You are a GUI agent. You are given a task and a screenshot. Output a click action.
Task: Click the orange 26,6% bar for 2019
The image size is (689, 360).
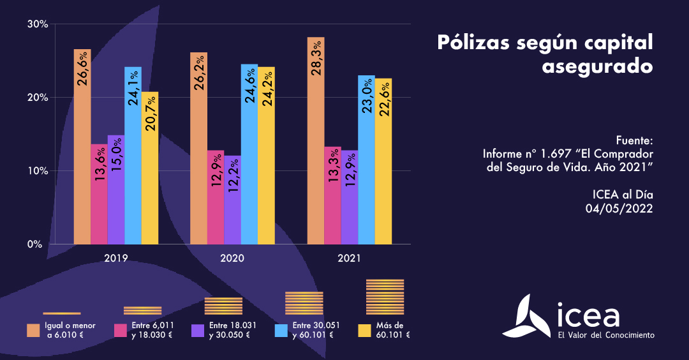(82, 147)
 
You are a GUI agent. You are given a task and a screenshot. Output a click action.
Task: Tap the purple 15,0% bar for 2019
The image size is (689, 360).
(116, 190)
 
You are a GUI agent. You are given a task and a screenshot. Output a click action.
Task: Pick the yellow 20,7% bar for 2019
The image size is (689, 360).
(150, 169)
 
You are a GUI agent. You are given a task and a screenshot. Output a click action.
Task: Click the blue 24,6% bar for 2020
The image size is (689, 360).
(249, 154)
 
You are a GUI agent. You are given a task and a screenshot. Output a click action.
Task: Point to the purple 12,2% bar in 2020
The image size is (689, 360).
(232, 200)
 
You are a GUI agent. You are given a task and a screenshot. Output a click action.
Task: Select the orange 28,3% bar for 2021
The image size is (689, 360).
(316, 140)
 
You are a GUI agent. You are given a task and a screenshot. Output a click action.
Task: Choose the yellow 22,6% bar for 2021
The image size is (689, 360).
(383, 161)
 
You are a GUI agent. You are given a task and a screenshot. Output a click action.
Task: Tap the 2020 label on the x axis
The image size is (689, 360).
(233, 259)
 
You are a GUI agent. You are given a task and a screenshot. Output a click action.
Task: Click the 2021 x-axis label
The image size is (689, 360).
(350, 259)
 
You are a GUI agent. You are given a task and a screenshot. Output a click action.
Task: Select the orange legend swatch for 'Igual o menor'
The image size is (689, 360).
(34, 330)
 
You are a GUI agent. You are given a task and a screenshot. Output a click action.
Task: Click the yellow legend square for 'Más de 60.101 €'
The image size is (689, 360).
(365, 330)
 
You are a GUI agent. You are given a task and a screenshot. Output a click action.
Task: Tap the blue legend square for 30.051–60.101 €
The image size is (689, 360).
(281, 330)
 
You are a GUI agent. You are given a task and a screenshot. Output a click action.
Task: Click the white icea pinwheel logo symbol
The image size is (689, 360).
(527, 317)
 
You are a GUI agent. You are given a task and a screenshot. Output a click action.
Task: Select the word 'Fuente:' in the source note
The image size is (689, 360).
(635, 140)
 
